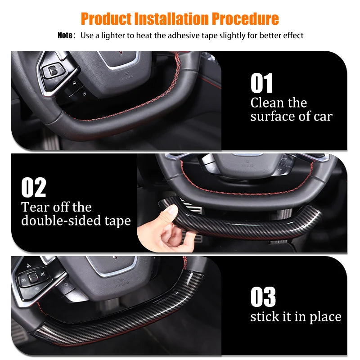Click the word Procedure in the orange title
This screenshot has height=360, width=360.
pyautogui.click(x=245, y=19)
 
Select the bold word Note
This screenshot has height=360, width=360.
pyautogui.click(x=65, y=36)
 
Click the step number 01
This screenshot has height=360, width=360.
pyautogui.click(x=261, y=83)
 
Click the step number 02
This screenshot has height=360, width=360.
pyautogui.click(x=33, y=187)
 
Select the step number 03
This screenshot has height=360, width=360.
pyautogui.click(x=263, y=297)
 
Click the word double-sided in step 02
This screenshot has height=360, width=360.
pyautogui.click(x=61, y=220)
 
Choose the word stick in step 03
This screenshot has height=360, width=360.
pyautogui.click(x=265, y=317)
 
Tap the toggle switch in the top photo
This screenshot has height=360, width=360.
pyautogui.click(x=53, y=71)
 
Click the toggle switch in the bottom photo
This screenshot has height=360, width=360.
pyautogui.click(x=33, y=278)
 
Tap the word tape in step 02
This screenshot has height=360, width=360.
pyautogui.click(x=117, y=221)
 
